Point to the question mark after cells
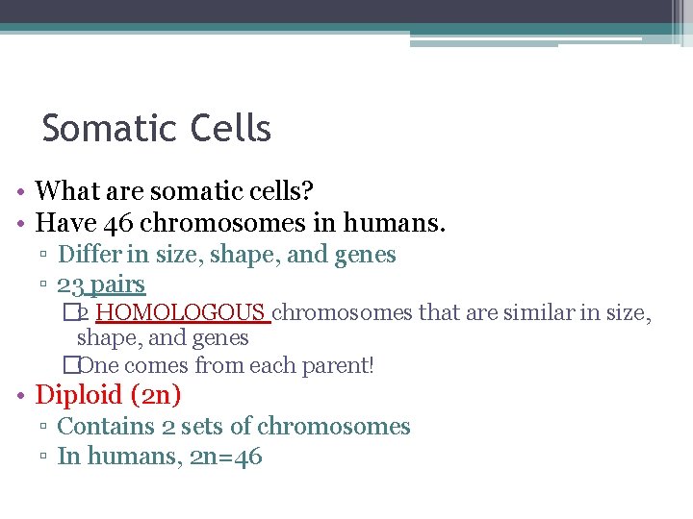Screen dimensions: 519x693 [x=307, y=191]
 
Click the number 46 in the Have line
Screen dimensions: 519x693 [x=118, y=224]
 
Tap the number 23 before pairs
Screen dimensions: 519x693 [x=69, y=284]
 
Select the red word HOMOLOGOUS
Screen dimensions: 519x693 [x=181, y=312]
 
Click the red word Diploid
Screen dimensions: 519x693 [x=79, y=395]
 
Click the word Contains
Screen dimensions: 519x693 [x=99, y=426]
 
